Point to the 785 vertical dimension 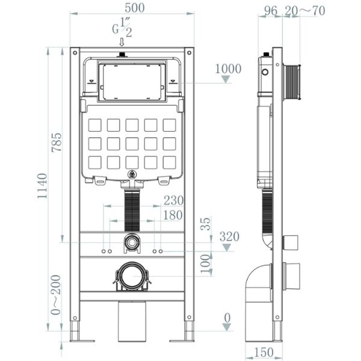pos(57,143)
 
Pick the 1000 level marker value pos(228,69)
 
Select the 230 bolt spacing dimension pos(173,200)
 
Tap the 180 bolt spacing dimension pos(173,215)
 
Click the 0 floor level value pos(227,317)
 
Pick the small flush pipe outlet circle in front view pos(131,244)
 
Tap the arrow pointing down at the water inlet pos(122,42)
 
